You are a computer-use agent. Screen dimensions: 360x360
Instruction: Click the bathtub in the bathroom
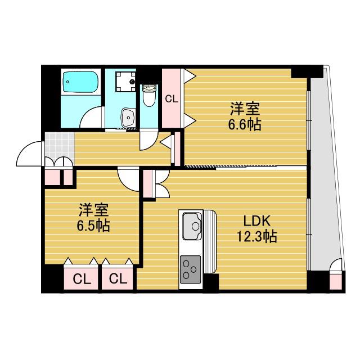click(x=80, y=82)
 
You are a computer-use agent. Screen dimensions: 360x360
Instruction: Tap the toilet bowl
click(x=149, y=96)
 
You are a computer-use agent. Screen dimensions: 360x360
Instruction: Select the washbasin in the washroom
click(x=128, y=118)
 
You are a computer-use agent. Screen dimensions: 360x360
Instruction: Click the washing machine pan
click(x=125, y=82)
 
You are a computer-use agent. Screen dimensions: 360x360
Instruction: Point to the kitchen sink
click(x=192, y=226)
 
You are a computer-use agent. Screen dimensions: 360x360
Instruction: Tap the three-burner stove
click(x=190, y=269)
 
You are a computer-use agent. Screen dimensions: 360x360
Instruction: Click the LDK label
click(x=256, y=222)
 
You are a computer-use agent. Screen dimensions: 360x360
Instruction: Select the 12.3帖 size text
click(x=256, y=236)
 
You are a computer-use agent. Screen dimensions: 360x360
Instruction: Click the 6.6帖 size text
click(x=244, y=125)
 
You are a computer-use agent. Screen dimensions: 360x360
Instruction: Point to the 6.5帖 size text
click(x=93, y=226)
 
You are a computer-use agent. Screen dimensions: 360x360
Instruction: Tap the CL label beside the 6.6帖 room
click(x=172, y=99)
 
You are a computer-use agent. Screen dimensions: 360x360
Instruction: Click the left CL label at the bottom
click(x=82, y=280)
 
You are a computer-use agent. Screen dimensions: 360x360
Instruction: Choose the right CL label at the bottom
click(x=118, y=279)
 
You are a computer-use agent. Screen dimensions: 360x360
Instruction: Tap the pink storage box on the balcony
click(x=336, y=281)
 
